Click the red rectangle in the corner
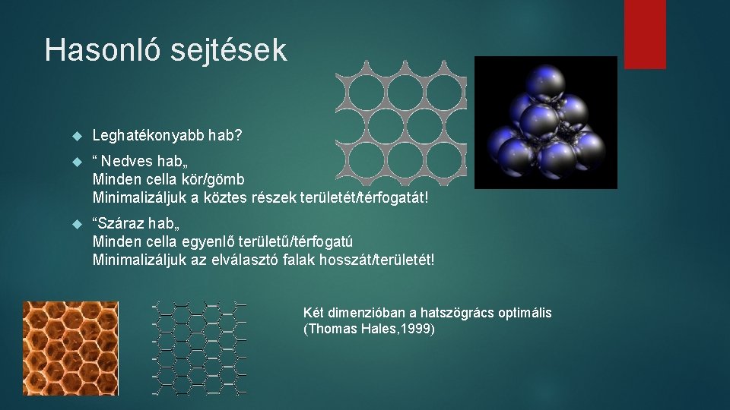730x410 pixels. pyautogui.click(x=645, y=34)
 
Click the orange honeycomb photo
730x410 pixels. pyautogui.click(x=70, y=348)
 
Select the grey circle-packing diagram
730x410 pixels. pyautogui.click(x=401, y=121)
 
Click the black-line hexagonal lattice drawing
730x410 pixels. pyautogui.click(x=199, y=348)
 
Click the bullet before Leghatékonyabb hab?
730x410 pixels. pyautogui.click(x=75, y=137)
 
